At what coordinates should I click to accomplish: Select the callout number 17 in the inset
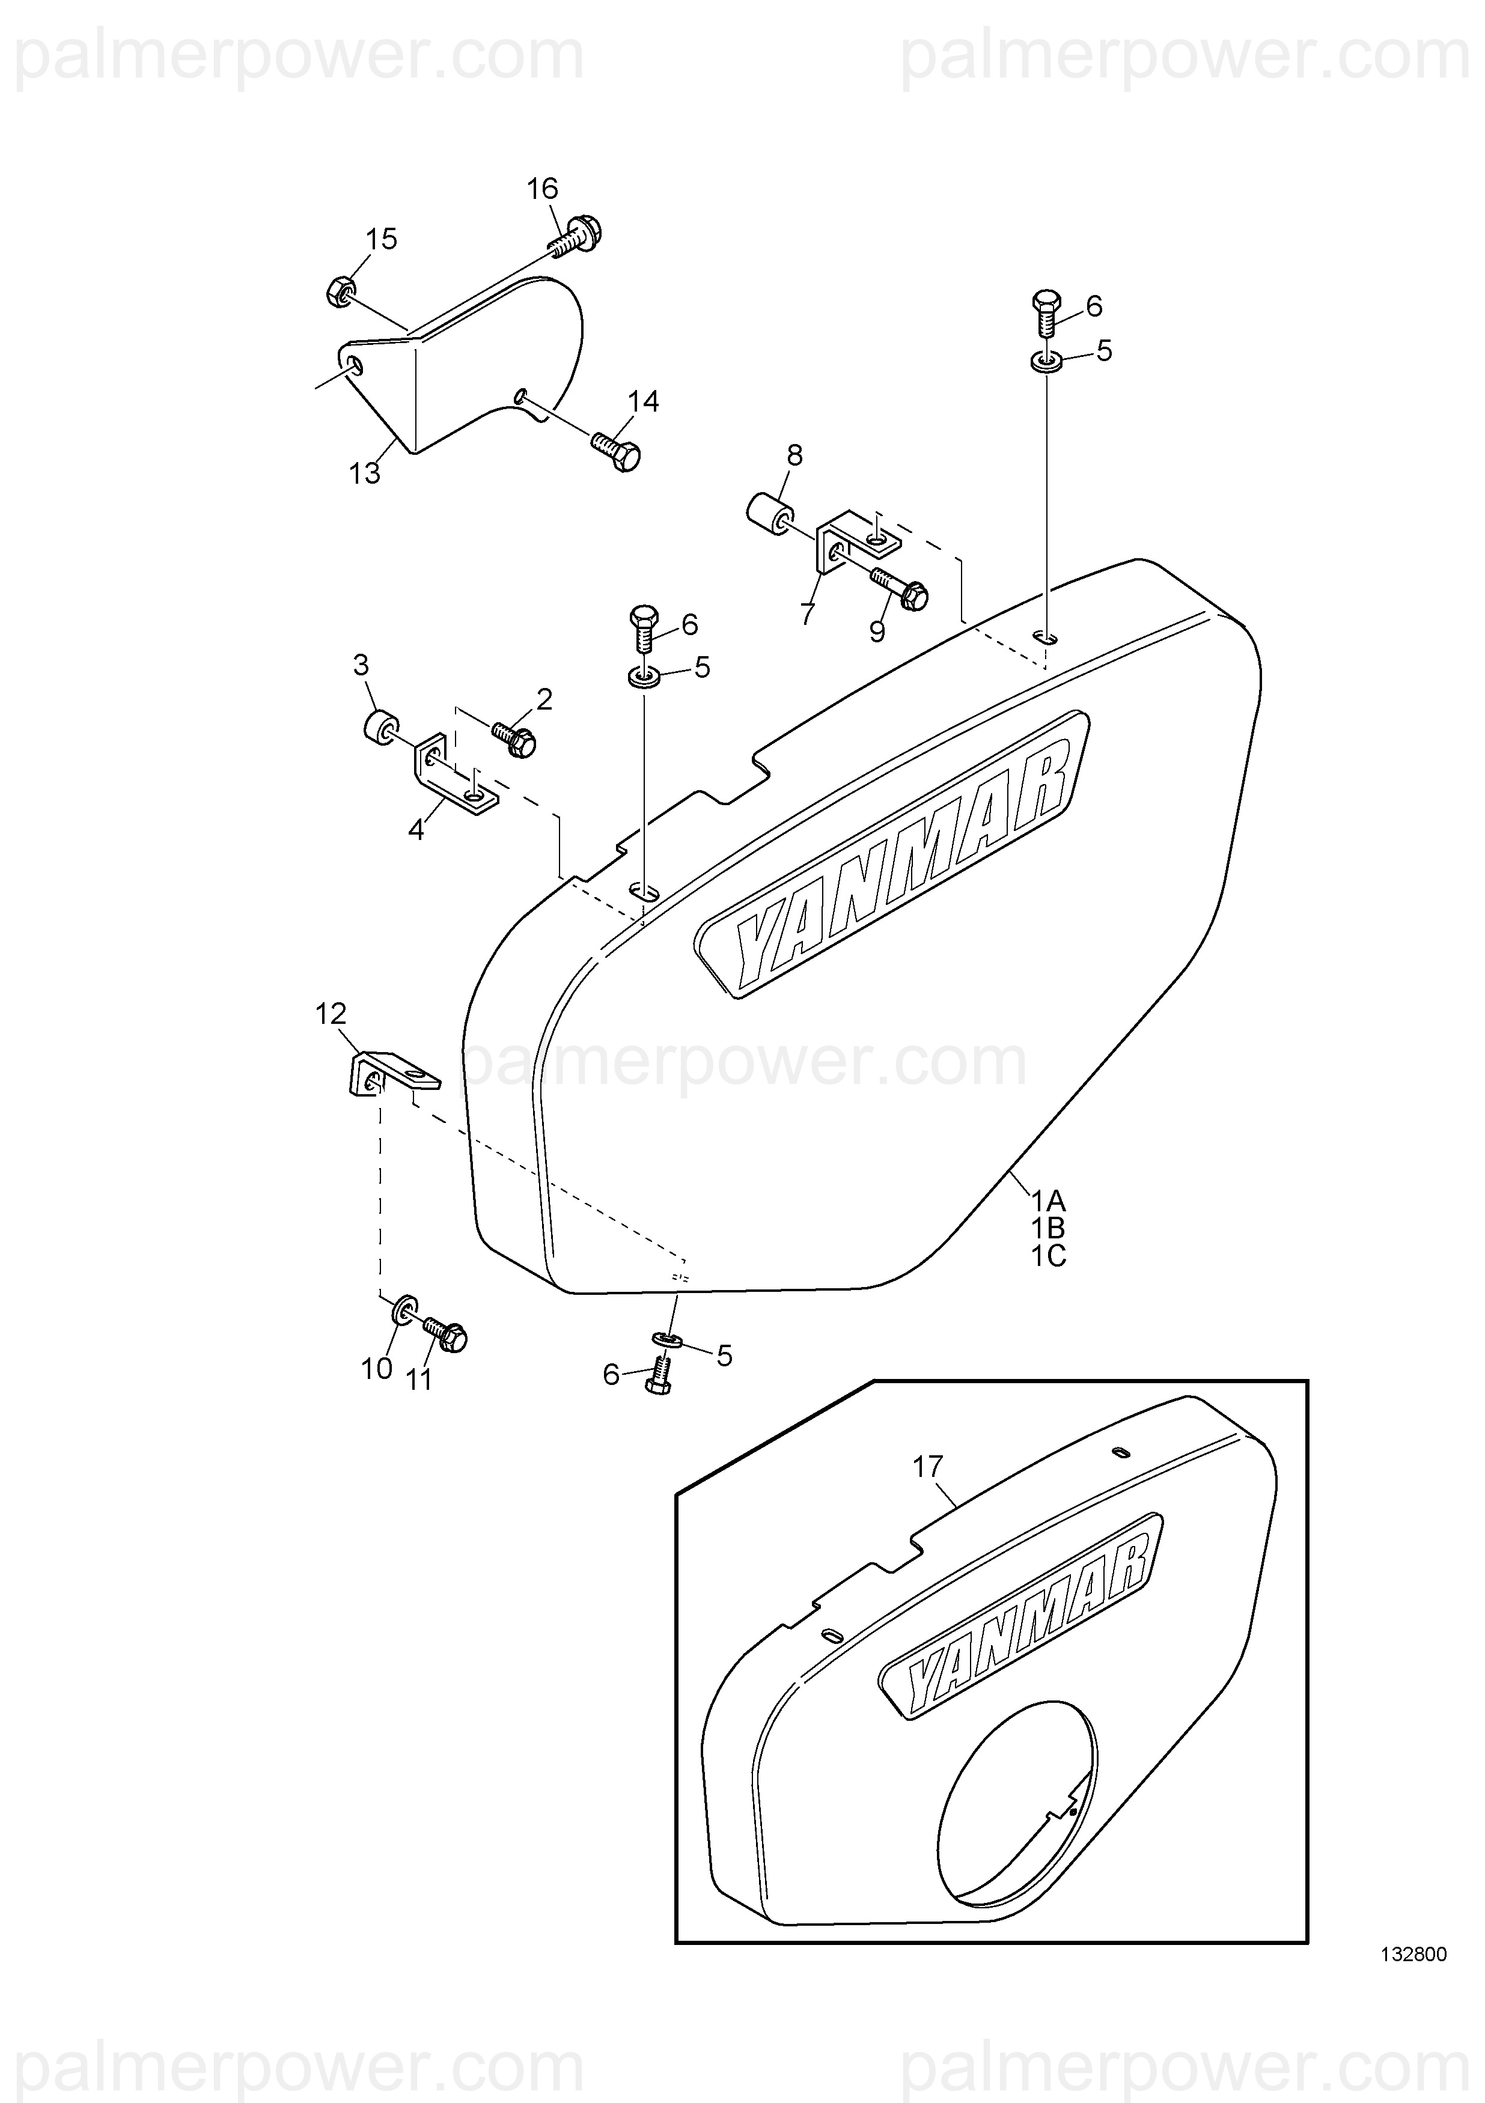pyautogui.click(x=927, y=1467)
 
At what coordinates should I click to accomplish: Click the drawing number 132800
pyautogui.click(x=1413, y=1982)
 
